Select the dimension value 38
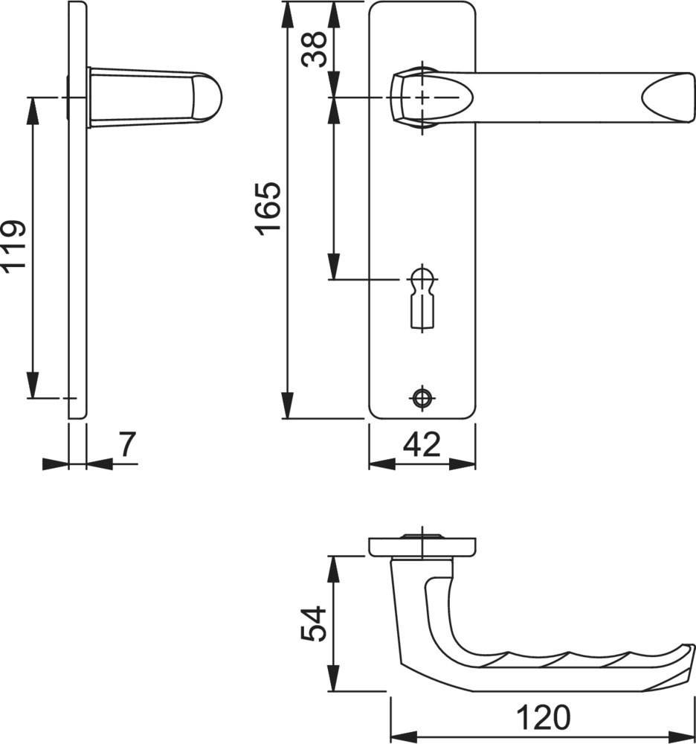tap(315, 49)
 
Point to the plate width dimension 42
tap(422, 445)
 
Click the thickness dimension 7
tap(126, 444)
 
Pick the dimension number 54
tap(315, 623)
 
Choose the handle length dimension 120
tap(543, 717)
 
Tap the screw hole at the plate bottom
tap(422, 397)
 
